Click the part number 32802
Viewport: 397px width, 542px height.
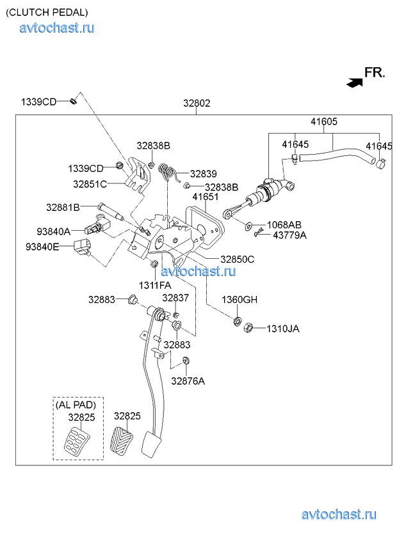point(197,103)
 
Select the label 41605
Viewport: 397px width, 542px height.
point(324,121)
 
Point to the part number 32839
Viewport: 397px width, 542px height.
point(203,173)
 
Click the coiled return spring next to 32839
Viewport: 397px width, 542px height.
point(168,172)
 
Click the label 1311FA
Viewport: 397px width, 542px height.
point(155,285)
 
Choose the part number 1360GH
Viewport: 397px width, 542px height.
point(239,300)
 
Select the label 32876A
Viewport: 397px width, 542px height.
point(188,381)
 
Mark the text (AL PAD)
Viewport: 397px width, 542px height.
point(76,405)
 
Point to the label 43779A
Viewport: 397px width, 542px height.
point(289,235)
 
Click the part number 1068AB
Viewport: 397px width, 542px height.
point(284,225)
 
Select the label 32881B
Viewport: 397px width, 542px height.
point(63,207)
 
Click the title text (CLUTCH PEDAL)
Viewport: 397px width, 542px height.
point(47,12)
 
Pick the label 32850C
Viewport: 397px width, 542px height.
point(238,259)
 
